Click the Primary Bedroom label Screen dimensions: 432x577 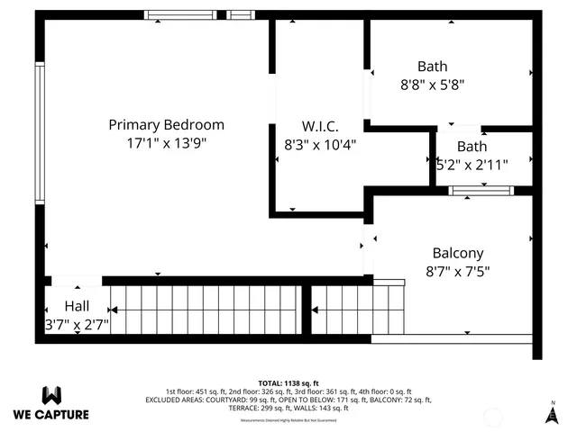pos(166,125)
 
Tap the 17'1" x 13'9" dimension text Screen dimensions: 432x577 pos(166,143)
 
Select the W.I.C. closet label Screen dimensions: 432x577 pos(320,127)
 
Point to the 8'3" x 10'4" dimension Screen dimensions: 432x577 pos(320,144)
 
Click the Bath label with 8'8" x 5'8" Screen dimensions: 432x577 pos(432,67)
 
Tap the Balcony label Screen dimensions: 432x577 pos(457,254)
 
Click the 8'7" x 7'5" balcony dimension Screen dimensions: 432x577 pos(457,271)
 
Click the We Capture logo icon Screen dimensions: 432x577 pos(51,395)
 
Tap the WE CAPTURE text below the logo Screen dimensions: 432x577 pos(51,415)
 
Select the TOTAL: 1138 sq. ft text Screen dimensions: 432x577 pos(288,382)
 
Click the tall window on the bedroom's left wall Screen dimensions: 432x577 pos(40,132)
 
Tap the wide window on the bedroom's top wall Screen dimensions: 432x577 pos(181,14)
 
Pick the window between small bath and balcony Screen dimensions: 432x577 pos(481,190)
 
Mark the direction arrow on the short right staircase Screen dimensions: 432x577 pos(315,310)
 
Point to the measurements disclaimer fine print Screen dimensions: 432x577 pos(288,420)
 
